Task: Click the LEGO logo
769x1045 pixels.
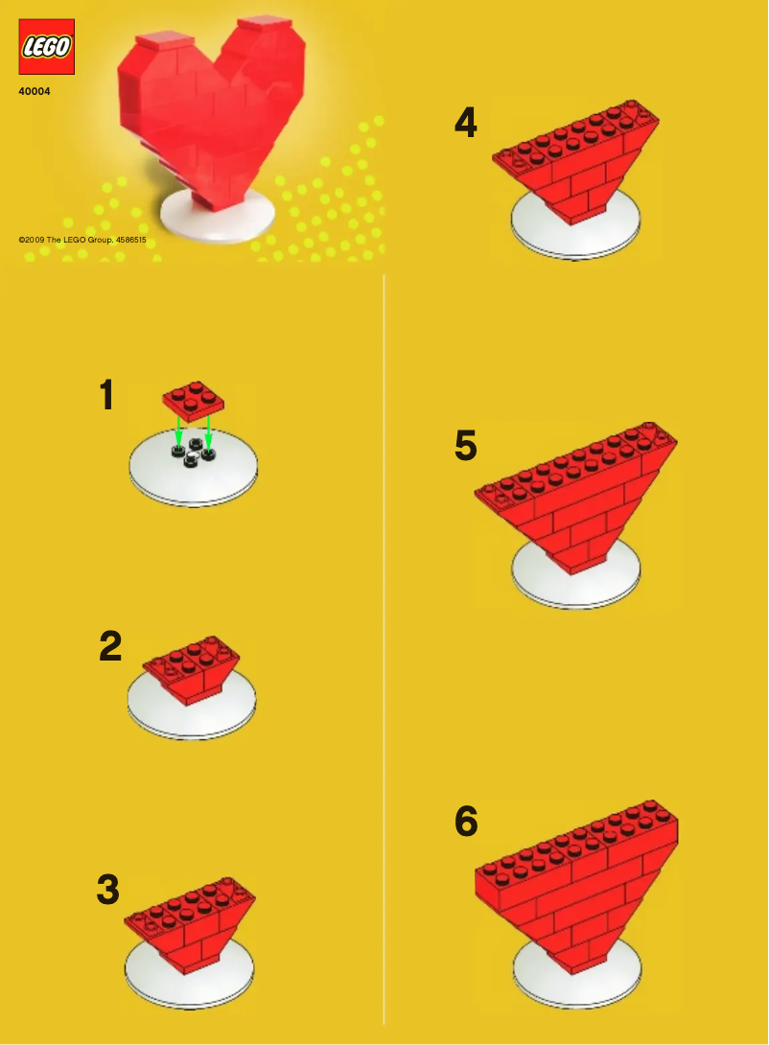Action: pyautogui.click(x=46, y=47)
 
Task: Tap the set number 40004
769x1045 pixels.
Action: pyautogui.click(x=35, y=92)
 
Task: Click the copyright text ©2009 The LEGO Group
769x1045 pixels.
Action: pyautogui.click(x=82, y=240)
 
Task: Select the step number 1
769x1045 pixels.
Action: pyautogui.click(x=108, y=395)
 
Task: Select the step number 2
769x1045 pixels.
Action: pyautogui.click(x=110, y=647)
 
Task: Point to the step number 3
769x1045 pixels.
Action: pyautogui.click(x=108, y=890)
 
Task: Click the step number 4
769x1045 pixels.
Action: pyautogui.click(x=465, y=123)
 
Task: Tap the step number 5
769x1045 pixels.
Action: pyautogui.click(x=465, y=446)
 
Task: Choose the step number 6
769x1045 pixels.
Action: pyautogui.click(x=465, y=822)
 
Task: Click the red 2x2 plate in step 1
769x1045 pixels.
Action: pyautogui.click(x=194, y=400)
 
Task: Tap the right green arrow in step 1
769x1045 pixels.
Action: pyautogui.click(x=208, y=434)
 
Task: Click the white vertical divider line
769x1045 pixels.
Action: pyautogui.click(x=384, y=652)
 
